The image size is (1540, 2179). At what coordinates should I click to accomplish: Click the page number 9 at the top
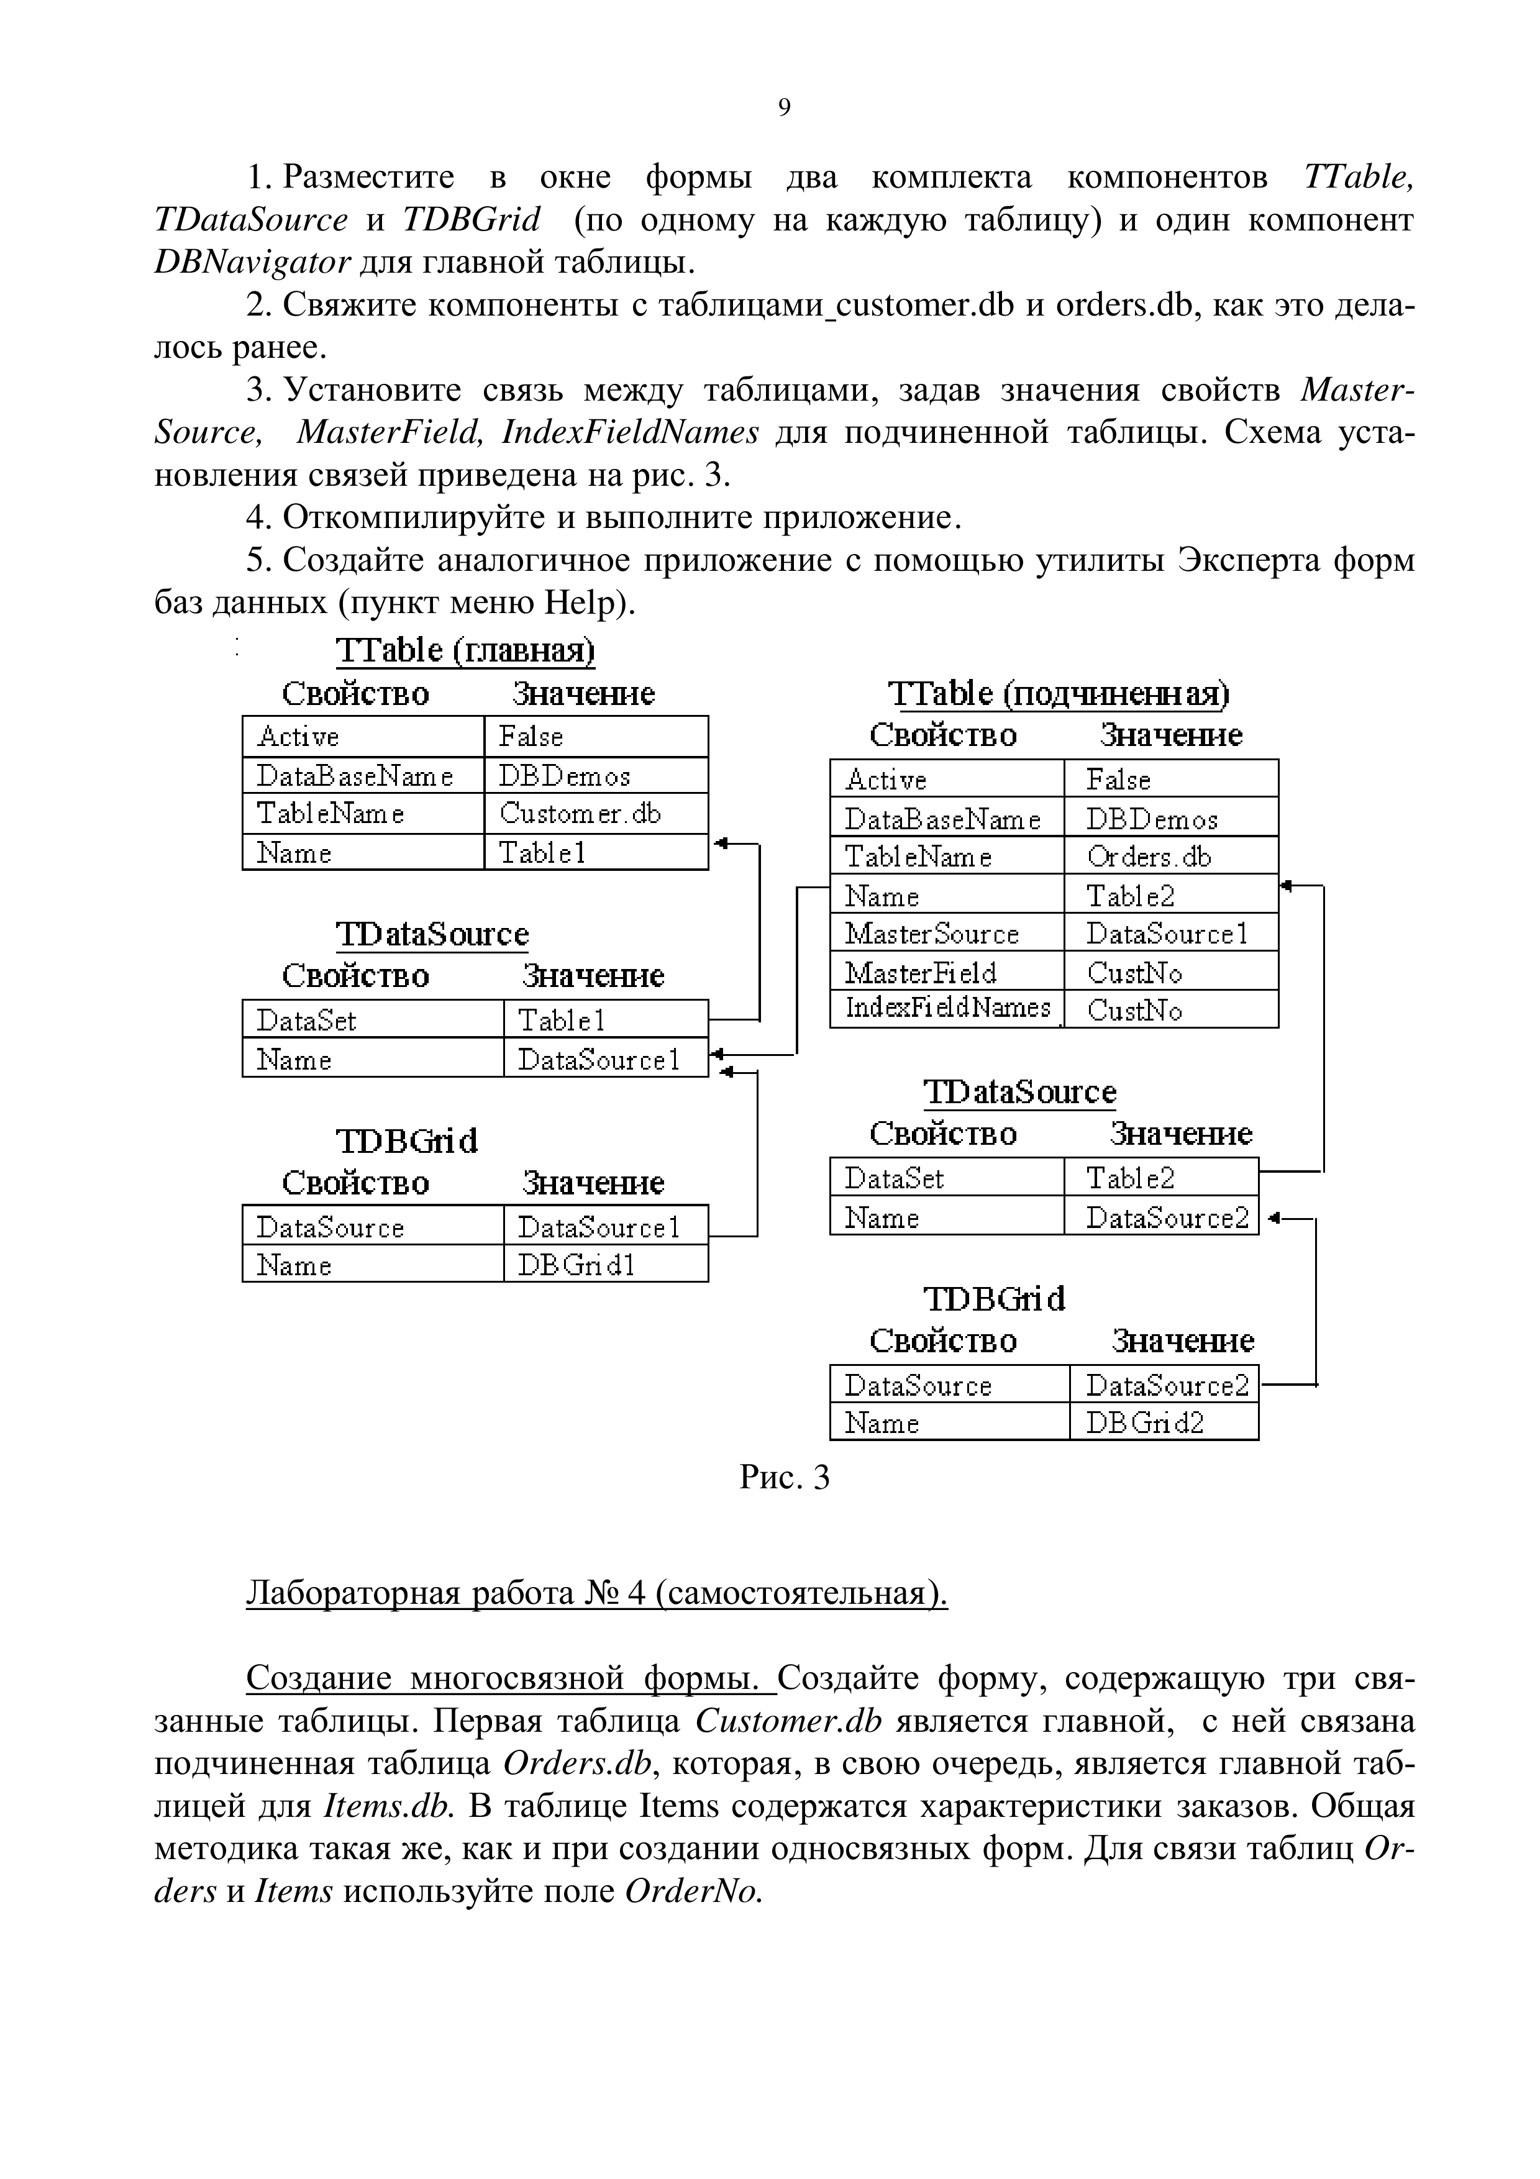pyautogui.click(x=784, y=108)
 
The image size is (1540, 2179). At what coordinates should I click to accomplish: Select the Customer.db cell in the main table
pyautogui.click(x=595, y=813)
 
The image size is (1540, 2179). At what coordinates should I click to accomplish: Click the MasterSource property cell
pyautogui.click(x=946, y=934)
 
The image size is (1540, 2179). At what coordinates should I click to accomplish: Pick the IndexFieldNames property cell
pyautogui.click(x=946, y=1008)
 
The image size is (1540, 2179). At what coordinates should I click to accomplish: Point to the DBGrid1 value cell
pyautogui.click(x=604, y=1265)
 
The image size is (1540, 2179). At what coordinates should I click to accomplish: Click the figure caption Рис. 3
pyautogui.click(x=784, y=1478)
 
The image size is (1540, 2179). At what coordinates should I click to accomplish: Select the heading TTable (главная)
pyautogui.click(x=465, y=651)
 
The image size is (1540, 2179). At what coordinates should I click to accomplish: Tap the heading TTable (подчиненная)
pyautogui.click(x=1058, y=694)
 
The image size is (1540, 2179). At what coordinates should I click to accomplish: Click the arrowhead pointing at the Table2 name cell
pyautogui.click(x=1287, y=886)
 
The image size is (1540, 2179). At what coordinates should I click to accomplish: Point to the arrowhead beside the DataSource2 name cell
pyautogui.click(x=1274, y=1217)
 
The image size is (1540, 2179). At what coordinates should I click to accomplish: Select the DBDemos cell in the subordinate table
pyautogui.click(x=1170, y=818)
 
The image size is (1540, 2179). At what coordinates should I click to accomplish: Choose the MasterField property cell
pyautogui.click(x=946, y=973)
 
